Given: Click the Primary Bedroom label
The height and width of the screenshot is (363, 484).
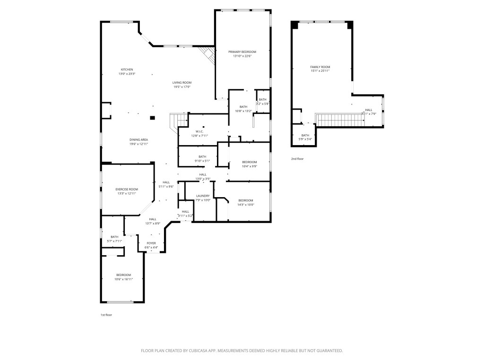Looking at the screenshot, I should (x=242, y=52).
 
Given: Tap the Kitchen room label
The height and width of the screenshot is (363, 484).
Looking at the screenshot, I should (x=127, y=69).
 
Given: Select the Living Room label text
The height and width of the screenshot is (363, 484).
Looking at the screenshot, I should (x=181, y=83).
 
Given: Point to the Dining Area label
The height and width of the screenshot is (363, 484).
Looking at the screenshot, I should (x=139, y=139).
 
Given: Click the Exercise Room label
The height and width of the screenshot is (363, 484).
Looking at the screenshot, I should (x=127, y=189).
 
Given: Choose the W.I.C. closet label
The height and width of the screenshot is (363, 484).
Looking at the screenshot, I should (x=199, y=131).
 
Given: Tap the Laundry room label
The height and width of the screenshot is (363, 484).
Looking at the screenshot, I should (x=203, y=196).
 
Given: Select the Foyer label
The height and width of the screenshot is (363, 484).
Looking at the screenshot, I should (x=151, y=243).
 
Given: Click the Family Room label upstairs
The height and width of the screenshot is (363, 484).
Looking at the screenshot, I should (x=320, y=67).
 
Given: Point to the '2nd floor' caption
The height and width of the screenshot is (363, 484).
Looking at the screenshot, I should (x=297, y=159).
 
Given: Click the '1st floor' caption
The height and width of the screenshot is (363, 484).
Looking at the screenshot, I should (x=106, y=314).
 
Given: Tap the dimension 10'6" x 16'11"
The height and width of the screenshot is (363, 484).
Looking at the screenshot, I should (x=123, y=279).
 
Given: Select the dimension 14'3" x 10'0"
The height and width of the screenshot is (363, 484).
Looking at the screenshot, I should (x=246, y=205).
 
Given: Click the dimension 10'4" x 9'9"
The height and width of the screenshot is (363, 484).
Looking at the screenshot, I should (x=249, y=166).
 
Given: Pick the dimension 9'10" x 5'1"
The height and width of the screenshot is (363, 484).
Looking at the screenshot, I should (x=202, y=161).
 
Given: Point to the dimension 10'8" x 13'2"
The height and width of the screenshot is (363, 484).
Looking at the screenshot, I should (x=243, y=111).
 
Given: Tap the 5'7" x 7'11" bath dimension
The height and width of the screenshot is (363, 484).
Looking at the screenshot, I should (x=114, y=241).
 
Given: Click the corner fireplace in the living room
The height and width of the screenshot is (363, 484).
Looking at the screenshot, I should (x=208, y=54).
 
